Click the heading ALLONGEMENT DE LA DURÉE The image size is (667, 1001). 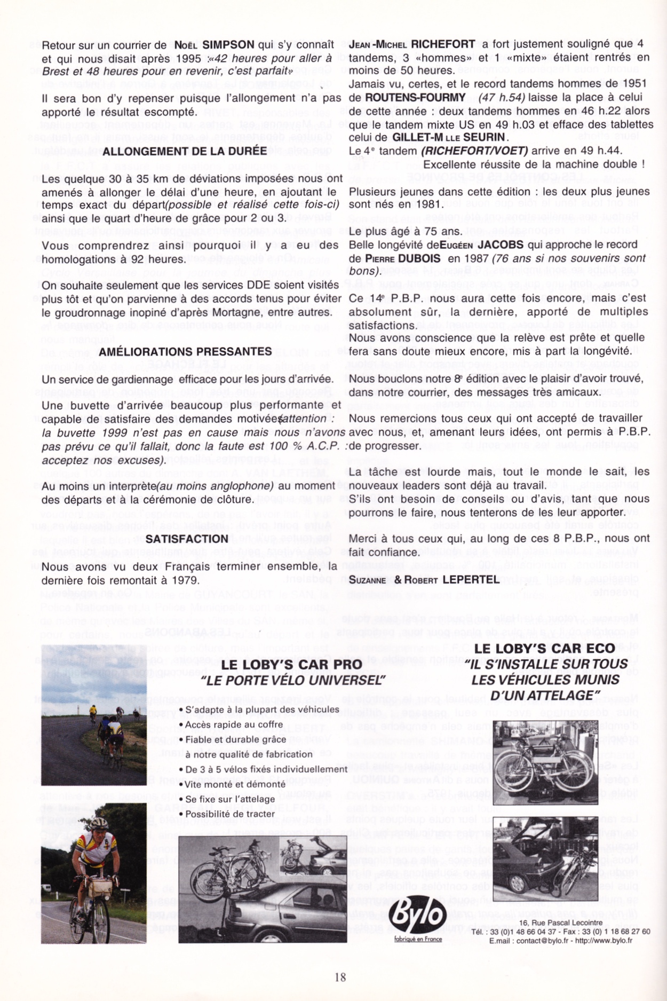[x=185, y=152]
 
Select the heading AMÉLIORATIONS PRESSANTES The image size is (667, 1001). [x=185, y=352]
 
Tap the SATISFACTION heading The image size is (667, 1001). [x=187, y=539]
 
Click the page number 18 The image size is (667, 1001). [x=340, y=977]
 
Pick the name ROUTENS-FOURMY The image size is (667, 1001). [x=415, y=98]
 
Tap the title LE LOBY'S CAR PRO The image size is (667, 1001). [x=291, y=665]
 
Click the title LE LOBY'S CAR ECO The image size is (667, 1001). [x=551, y=649]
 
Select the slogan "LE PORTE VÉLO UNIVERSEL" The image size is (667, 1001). [x=293, y=680]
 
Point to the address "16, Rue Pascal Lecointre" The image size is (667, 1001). [x=561, y=923]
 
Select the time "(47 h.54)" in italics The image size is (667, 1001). [x=502, y=98]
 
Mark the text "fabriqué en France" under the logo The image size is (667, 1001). [x=418, y=939]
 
